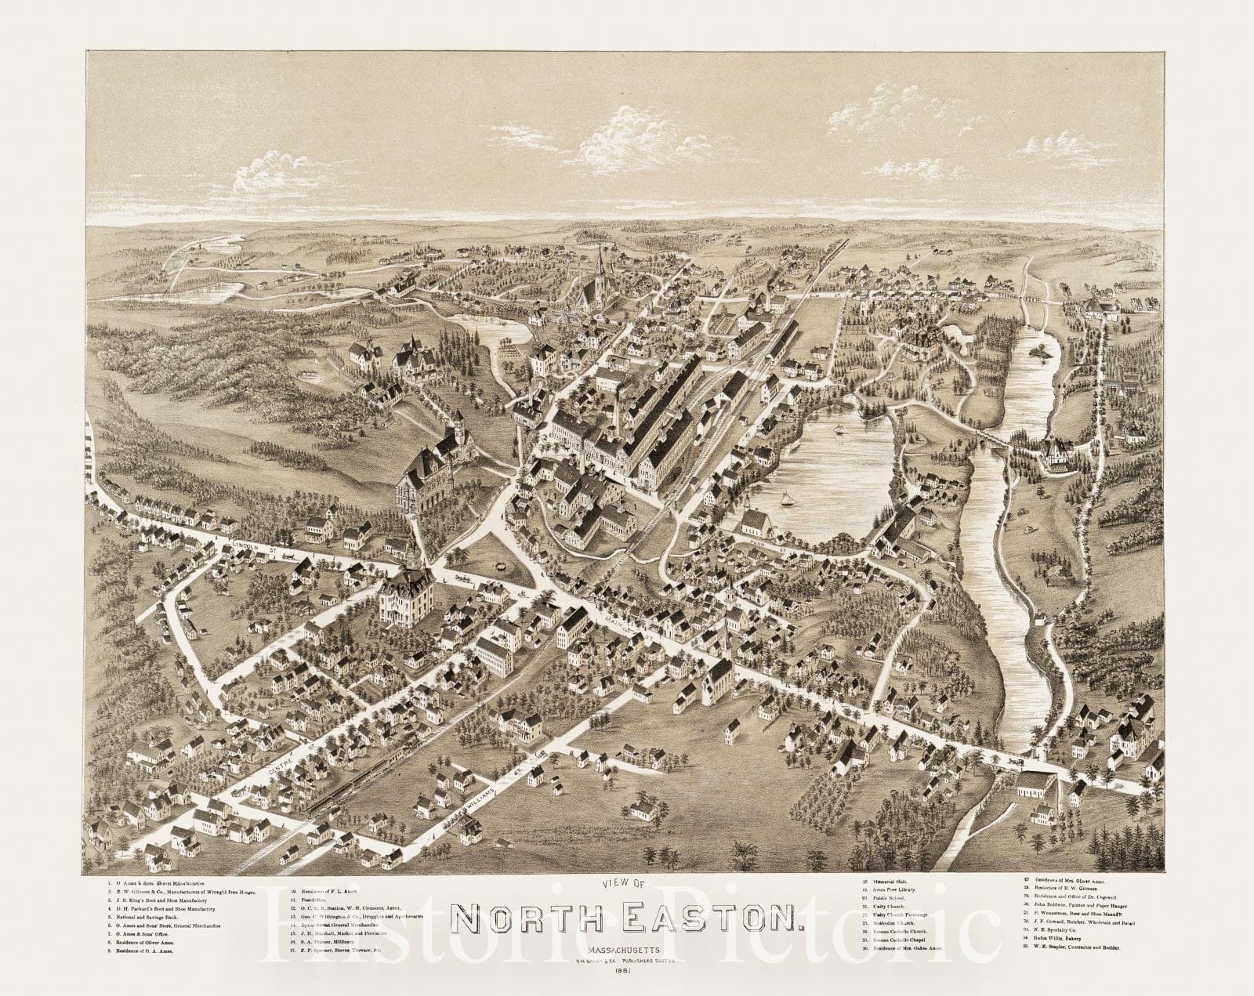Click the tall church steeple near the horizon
click(x=600, y=263)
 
